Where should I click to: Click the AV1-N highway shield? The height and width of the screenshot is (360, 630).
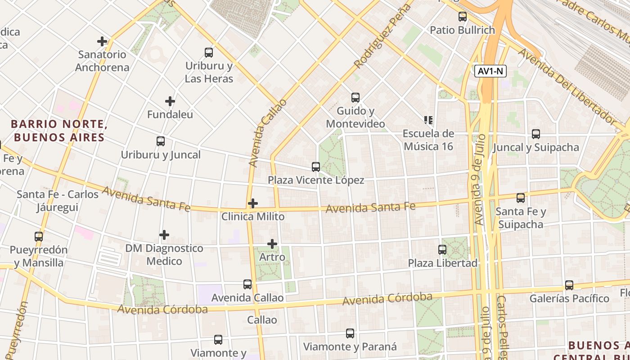(x=490, y=71)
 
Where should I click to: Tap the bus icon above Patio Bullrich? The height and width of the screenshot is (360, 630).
(x=462, y=17)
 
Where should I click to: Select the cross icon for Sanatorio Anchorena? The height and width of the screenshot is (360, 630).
(x=102, y=41)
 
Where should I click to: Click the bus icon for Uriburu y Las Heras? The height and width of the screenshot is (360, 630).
(x=209, y=52)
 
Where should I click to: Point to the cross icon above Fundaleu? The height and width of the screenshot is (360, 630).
(x=170, y=101)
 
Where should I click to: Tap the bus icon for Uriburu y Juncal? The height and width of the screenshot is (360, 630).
(x=161, y=141)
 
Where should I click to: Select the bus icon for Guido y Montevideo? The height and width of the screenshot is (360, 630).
(x=355, y=97)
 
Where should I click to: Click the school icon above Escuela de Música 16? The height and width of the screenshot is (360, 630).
(x=428, y=120)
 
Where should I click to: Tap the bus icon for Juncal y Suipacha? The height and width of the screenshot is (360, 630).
(x=535, y=134)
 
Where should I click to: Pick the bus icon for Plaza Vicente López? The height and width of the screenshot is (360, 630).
(x=316, y=167)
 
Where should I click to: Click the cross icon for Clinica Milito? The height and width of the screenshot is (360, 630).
(x=253, y=203)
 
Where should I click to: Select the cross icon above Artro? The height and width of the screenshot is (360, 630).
(x=272, y=244)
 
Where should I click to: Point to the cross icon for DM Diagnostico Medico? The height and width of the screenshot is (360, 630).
(x=164, y=235)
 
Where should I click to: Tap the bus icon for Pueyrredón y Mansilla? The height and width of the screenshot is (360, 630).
(x=39, y=236)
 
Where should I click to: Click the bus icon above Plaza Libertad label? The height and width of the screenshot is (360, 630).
(x=442, y=249)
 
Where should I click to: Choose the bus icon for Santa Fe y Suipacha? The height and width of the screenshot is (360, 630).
(x=521, y=198)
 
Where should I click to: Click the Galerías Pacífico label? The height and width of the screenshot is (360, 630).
(x=569, y=298)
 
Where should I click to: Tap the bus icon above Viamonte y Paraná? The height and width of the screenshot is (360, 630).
(x=350, y=333)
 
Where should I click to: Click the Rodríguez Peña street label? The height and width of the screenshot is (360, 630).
(x=383, y=36)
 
